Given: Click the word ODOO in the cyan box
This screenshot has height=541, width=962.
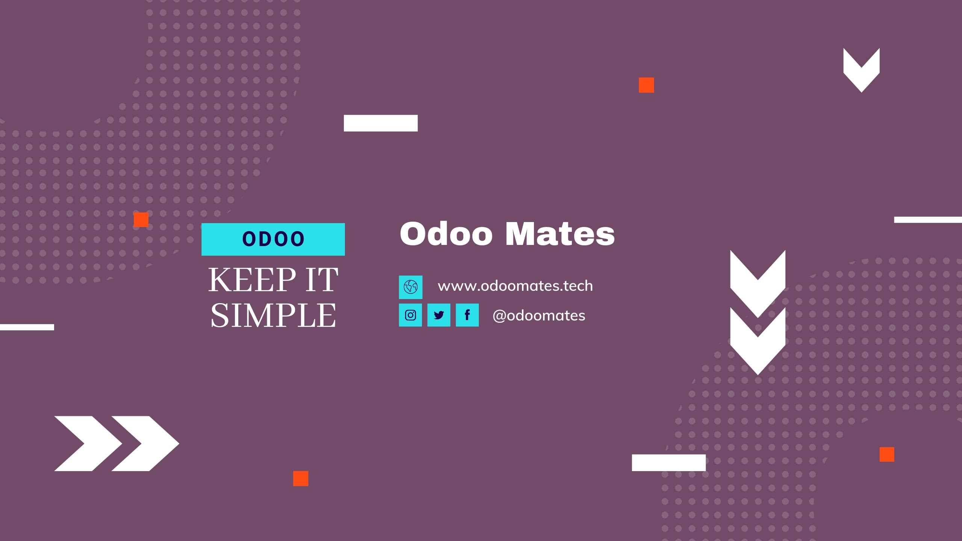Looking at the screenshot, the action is (273, 239).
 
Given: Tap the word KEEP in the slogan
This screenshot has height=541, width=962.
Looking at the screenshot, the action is (252, 280).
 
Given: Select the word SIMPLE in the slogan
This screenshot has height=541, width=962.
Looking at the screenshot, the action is (273, 316).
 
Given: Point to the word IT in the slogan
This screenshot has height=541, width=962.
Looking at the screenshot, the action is (322, 280).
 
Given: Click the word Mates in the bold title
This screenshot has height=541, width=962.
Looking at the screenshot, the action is (560, 234).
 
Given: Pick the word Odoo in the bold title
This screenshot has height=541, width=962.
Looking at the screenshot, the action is (446, 234).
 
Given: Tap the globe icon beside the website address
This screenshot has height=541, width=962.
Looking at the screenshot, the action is (411, 287).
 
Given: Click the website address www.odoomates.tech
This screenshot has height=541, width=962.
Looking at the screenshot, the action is (515, 286).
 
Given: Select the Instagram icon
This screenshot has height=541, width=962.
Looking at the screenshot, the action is (410, 315).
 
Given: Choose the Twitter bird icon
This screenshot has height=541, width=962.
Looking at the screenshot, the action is (439, 315).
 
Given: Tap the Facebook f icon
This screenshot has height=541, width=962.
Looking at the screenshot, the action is (467, 315).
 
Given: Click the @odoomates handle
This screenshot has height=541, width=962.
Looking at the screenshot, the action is (539, 316).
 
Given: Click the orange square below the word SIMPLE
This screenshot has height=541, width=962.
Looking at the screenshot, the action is (301, 479).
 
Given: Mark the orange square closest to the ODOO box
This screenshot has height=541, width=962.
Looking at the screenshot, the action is (141, 220).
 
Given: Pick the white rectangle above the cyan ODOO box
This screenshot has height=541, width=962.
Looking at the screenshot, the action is (381, 123).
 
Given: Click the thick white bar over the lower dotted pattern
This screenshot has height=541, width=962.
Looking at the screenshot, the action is (669, 463).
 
